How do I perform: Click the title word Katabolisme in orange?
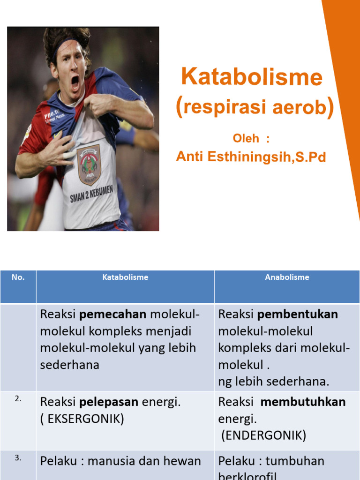(252, 77)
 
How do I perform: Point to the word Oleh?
(246, 138)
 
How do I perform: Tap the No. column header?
(18, 277)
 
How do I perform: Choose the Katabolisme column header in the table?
(125, 277)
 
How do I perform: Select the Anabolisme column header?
(287, 277)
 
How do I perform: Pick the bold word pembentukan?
(298, 314)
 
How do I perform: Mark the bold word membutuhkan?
(303, 402)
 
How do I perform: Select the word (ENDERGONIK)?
(264, 435)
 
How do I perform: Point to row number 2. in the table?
(18, 399)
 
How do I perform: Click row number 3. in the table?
(18, 458)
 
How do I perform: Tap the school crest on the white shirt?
(89, 165)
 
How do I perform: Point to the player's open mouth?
(75, 82)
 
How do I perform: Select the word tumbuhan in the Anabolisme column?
(295, 461)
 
